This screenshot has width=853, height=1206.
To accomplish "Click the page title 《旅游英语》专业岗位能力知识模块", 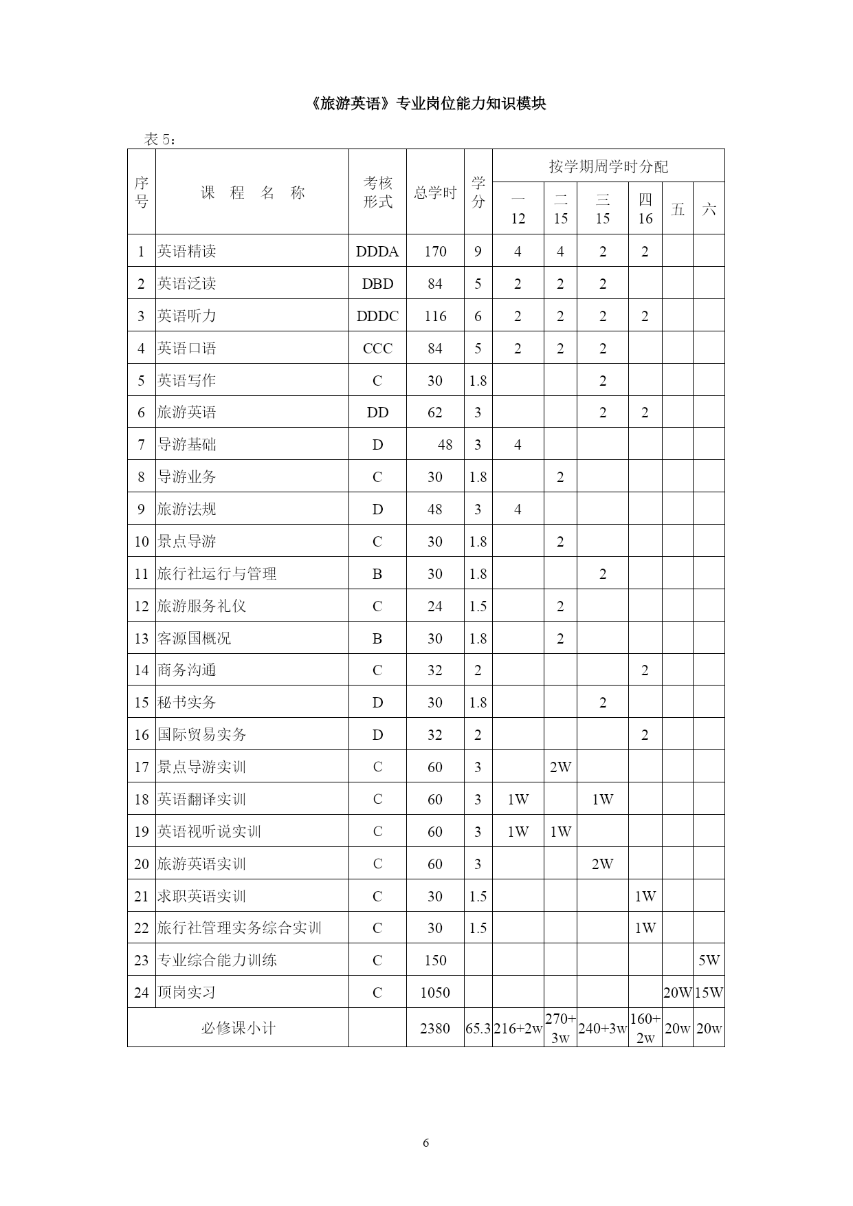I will (426, 104).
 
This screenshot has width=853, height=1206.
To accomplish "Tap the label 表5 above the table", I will (160, 140).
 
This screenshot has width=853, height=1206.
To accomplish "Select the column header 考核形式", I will (377, 193).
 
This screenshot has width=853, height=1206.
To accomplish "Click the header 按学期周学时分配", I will (608, 166).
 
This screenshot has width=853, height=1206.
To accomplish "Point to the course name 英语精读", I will (187, 252).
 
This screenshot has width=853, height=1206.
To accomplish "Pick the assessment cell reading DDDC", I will (377, 316).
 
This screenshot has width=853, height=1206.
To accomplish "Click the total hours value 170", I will (435, 252).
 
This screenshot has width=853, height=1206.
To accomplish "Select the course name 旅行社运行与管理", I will (217, 574).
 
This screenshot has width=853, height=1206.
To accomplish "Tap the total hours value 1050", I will (435, 993).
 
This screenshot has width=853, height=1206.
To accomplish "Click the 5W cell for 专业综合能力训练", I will (709, 961).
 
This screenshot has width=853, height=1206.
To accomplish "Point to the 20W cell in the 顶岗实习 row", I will (677, 993).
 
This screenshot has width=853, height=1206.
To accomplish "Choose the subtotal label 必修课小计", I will (238, 1029).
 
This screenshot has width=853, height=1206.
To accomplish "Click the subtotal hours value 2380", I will (435, 1029).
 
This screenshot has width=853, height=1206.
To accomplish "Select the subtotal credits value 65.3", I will (478, 1029).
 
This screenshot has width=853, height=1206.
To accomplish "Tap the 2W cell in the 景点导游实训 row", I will (560, 767).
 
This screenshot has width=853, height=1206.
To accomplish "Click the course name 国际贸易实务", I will (202, 735).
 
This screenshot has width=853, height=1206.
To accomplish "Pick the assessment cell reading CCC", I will (377, 349).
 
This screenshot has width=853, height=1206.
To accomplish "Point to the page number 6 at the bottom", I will (426, 1143).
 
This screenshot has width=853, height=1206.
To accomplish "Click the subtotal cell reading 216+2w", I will (518, 1029).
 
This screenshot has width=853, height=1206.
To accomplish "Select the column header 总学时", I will (435, 193).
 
